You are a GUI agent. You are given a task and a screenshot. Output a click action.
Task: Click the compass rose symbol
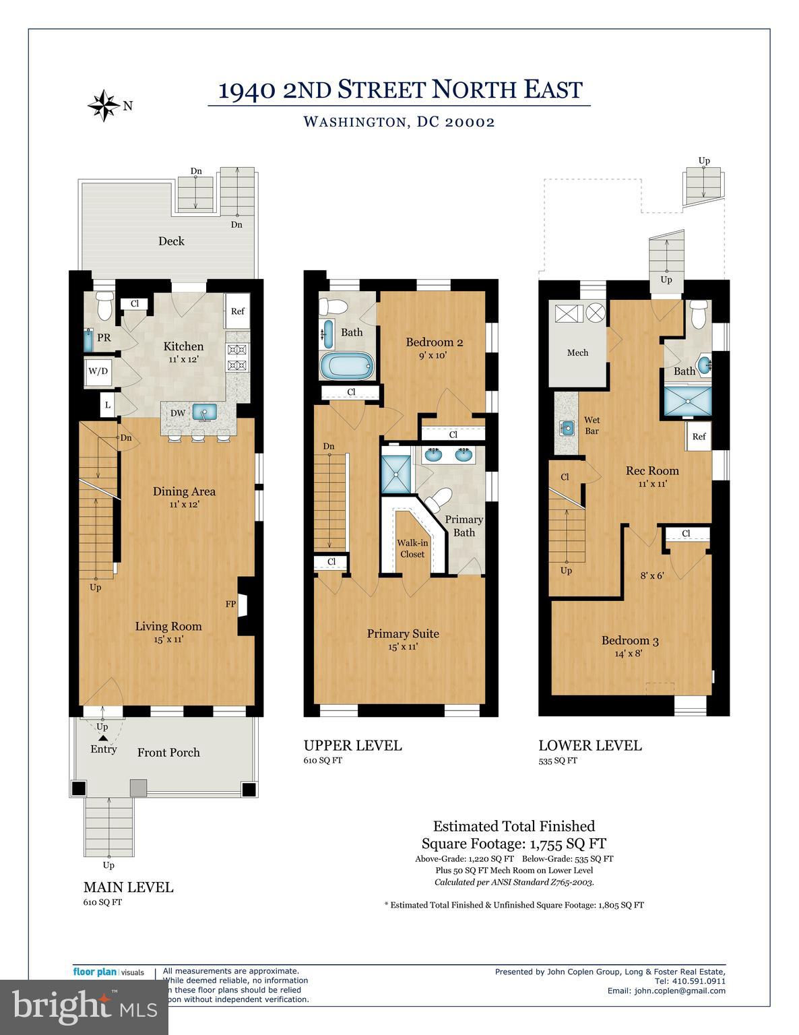point(104,106)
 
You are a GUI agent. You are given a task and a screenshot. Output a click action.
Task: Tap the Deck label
point(171,241)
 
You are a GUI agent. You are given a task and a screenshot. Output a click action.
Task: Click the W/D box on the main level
point(98,371)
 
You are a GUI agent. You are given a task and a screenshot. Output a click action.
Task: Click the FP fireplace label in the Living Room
point(230,604)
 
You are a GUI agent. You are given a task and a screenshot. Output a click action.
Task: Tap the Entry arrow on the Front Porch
point(103,739)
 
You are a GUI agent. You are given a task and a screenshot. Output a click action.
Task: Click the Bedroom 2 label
point(435,342)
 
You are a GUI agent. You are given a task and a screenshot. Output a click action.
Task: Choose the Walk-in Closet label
point(412,548)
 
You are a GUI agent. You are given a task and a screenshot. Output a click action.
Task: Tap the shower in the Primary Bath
point(395,474)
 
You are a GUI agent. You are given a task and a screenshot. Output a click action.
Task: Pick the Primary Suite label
point(403,633)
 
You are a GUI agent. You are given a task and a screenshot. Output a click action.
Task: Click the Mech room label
point(577,352)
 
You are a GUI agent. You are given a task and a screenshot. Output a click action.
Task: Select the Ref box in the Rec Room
point(699,436)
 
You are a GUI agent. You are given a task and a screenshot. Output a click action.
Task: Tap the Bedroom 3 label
point(630,640)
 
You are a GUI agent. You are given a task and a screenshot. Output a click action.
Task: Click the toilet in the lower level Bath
point(699,315)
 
